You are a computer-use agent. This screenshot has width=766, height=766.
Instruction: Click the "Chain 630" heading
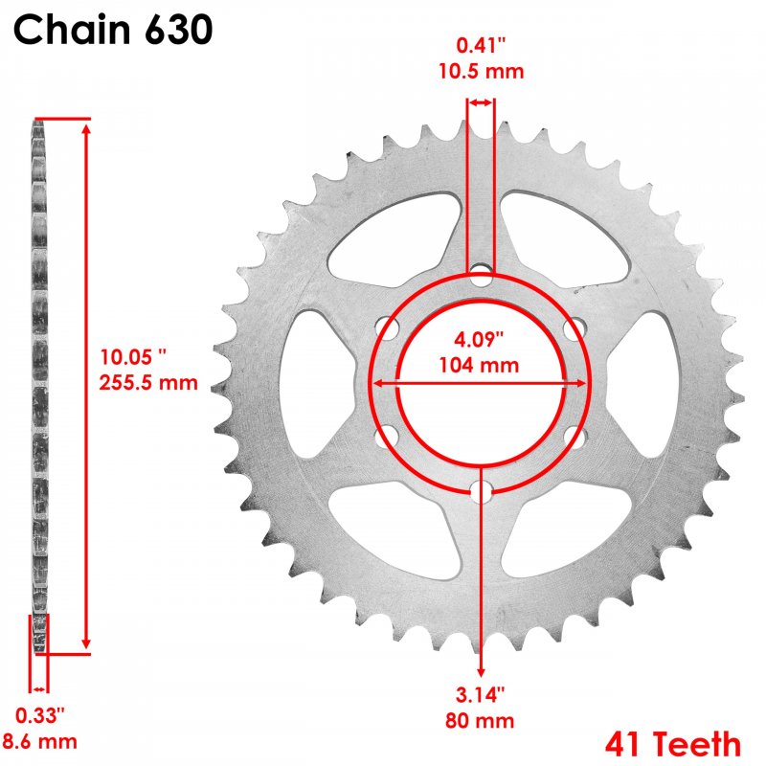113,30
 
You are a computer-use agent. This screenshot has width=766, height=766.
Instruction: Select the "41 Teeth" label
673,744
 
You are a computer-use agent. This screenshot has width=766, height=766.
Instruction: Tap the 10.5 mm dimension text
482,71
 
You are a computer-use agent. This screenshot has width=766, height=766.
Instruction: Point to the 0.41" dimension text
481,45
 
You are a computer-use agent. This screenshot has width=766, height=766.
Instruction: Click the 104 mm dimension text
479,366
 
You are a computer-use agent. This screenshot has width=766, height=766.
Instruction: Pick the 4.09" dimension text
479,339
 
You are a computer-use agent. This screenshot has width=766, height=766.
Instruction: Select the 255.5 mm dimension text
148,382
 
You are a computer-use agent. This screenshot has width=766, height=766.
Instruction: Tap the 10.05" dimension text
133,357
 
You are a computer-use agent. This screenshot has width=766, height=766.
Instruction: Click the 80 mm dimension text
480,721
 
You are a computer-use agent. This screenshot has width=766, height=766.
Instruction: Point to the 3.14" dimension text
480,695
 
